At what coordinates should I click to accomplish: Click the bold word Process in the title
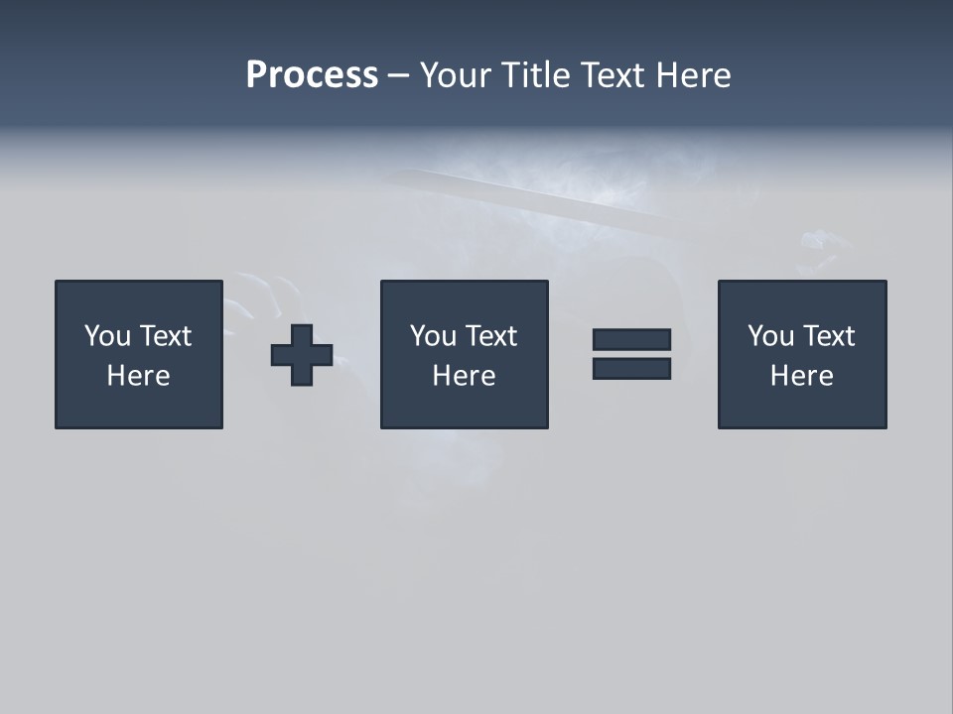[x=312, y=75]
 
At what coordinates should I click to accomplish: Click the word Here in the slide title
[x=693, y=75]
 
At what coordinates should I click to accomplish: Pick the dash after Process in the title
[x=398, y=76]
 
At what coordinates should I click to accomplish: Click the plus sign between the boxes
[x=302, y=355]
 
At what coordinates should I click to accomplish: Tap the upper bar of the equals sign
[x=631, y=339]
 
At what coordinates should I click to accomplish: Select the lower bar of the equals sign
[x=631, y=369]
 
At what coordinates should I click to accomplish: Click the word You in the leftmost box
[x=107, y=336]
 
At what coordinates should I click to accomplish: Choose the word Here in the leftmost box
[x=138, y=376]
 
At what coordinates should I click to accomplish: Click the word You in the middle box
[x=433, y=336]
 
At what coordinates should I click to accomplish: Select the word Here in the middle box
[x=464, y=376]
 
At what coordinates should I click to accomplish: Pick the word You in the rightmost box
[x=770, y=336]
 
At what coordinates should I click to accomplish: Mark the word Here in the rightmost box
[x=801, y=376]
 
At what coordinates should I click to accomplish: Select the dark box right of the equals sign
[x=801, y=407]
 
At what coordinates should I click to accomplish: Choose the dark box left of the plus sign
[x=138, y=407]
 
